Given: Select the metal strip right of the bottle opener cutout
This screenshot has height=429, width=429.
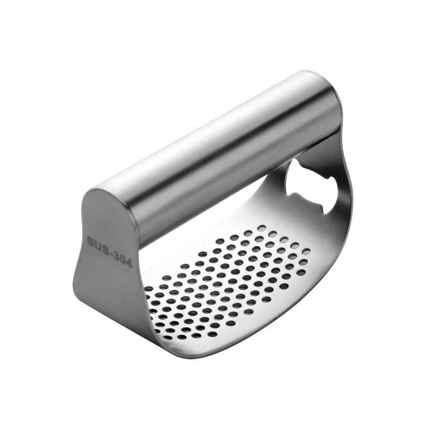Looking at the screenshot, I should click(x=346, y=191).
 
